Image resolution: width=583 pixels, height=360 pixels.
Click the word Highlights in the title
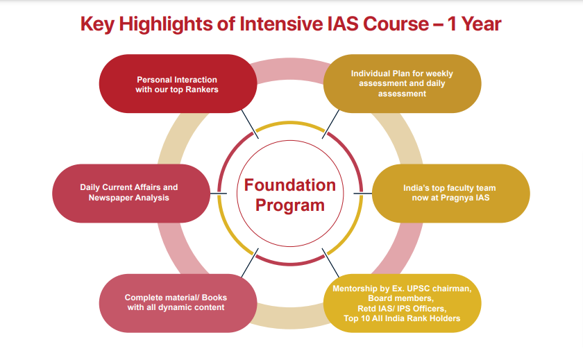[165, 24]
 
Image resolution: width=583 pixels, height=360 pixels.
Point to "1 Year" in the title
[474, 24]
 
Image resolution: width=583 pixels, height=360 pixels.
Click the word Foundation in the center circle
[290, 185]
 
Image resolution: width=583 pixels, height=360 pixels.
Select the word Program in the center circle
[290, 205]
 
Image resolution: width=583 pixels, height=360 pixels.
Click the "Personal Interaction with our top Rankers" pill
[178, 84]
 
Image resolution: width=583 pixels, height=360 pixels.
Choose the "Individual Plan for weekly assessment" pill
[402, 84]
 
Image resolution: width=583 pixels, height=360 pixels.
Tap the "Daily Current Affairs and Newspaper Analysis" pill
[131, 194]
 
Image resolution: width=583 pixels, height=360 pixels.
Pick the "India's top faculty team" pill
[450, 194]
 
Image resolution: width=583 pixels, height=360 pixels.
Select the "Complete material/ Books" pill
[178, 303]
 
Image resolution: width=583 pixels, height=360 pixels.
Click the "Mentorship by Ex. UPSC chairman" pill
[402, 303]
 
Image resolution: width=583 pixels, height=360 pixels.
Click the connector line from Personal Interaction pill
[250, 124]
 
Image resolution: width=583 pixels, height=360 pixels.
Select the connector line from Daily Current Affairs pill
[218, 194]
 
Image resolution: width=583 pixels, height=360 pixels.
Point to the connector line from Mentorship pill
[330, 263]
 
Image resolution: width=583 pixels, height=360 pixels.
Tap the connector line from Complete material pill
[250, 263]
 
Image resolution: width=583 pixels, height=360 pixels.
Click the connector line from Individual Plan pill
[330, 124]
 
